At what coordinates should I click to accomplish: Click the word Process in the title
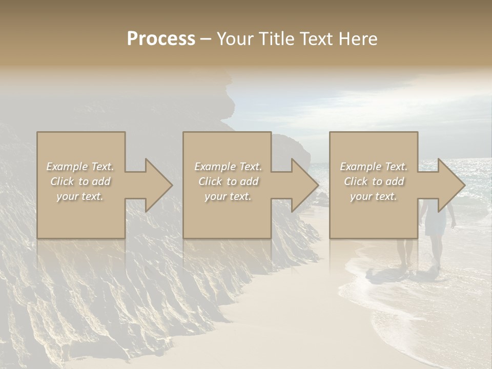pos(161,39)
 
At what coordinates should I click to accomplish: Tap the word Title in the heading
pos(276,39)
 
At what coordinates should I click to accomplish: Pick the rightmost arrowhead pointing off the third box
pos(450,185)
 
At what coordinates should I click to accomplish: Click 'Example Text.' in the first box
pos(80,167)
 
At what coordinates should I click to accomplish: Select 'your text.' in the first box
pos(80,196)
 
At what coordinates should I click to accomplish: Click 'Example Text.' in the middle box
pos(228,167)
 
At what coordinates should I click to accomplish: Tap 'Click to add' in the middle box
pos(228,181)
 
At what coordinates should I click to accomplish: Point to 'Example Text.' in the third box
pos(374,167)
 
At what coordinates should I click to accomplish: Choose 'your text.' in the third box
pos(374,196)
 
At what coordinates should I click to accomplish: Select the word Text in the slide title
pos(315,39)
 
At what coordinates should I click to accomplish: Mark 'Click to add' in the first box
pos(80,181)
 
